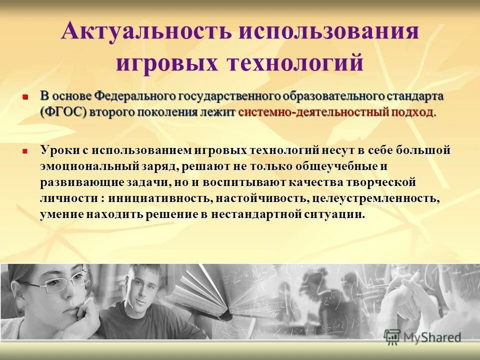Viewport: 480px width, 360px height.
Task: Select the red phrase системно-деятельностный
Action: [x=313, y=112]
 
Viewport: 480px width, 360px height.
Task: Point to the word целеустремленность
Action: [x=375, y=199]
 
